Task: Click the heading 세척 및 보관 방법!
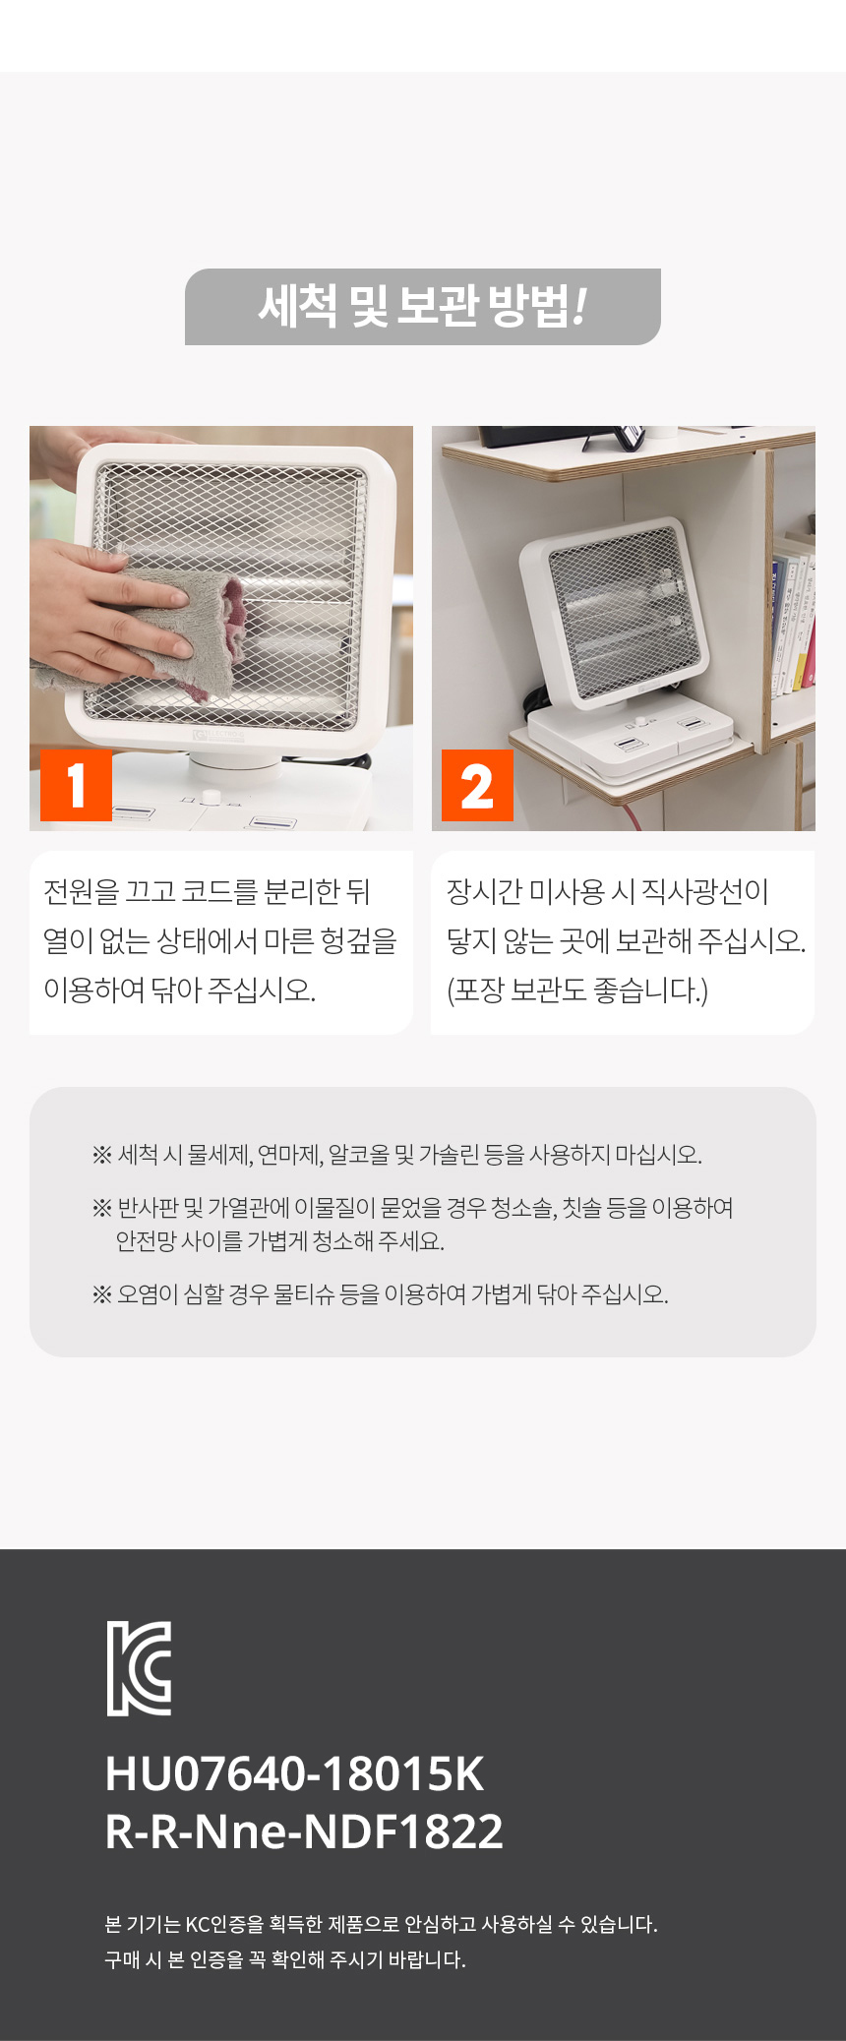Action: coord(423,306)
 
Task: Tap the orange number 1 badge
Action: coord(76,785)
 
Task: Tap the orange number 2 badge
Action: coord(477,785)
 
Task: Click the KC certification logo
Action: coord(139,1668)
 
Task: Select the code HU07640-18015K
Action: coord(295,1773)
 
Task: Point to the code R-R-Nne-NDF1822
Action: coord(304,1831)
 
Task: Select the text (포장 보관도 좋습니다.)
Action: coord(577,990)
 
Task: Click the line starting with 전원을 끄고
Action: coord(207,891)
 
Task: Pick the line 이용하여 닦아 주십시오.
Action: coord(179,990)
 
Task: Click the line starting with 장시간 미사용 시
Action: coord(607,891)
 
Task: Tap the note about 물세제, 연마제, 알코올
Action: coord(397,1154)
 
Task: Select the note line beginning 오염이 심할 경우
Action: coord(381,1293)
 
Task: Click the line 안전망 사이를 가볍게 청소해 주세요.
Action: coord(280,1241)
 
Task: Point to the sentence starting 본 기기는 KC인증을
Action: coord(381,1924)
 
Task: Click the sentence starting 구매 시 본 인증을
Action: coord(285,1959)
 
